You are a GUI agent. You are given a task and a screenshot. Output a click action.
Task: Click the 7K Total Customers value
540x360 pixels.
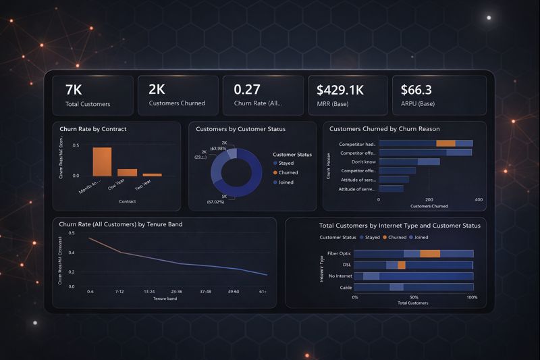coord(74,90)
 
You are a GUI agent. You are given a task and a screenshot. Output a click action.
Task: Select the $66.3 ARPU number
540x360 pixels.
coord(416,90)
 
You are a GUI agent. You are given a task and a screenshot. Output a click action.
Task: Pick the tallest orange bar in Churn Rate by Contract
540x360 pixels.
coord(102,161)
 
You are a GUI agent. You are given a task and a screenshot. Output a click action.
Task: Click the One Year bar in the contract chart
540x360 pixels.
coord(127,172)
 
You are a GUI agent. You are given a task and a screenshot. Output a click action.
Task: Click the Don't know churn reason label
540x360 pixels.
coord(364,161)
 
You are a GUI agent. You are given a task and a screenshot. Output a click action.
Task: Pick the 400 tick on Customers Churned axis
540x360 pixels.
coord(479,200)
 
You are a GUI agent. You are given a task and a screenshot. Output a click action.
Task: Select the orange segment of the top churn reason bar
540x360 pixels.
coord(446,143)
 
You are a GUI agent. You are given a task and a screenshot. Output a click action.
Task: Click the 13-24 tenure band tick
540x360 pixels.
coord(149,291)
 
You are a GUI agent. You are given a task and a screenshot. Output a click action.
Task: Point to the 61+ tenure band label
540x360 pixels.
coord(262,291)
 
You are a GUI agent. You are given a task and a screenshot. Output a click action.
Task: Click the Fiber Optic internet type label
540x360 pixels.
coord(337,253)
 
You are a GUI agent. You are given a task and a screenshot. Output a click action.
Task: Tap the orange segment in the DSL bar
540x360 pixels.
coord(402,265)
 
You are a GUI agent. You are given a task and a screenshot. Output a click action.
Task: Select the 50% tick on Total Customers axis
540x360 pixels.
coord(414,297)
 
